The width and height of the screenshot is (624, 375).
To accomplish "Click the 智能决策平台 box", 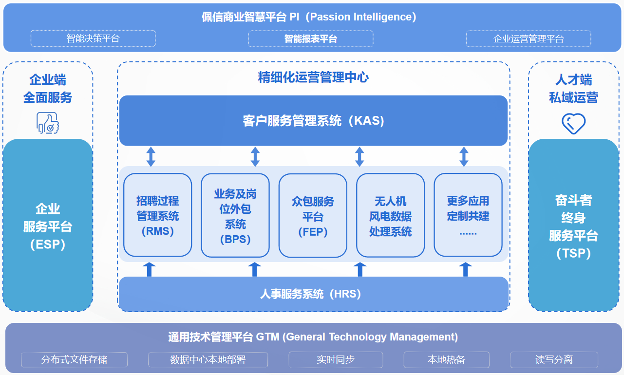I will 93,38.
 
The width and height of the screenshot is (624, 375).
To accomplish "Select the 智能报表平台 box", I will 311,38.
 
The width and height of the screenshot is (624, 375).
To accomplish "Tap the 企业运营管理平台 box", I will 529,38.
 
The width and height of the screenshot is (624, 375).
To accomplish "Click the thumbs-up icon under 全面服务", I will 48,123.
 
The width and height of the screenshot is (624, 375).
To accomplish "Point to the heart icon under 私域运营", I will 573,124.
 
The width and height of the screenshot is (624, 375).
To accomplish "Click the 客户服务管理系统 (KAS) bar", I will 313,120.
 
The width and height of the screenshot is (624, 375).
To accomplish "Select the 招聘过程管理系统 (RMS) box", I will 157,215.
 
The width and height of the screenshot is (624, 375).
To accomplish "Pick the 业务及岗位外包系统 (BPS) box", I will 235,215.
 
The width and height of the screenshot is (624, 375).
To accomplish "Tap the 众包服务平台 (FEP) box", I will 313,215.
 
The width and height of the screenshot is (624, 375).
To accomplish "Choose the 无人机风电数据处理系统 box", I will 390,215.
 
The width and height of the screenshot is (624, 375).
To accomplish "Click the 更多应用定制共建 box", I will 468,215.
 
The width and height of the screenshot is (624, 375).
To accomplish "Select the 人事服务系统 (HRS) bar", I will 313,294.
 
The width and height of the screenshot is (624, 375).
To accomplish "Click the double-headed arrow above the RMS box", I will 151,156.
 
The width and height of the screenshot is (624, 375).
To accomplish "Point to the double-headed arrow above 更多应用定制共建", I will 464,156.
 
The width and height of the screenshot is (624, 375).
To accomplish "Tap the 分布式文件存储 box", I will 74,360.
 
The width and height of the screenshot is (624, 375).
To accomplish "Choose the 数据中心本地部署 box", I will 208,360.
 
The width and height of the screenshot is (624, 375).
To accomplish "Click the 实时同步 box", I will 336,360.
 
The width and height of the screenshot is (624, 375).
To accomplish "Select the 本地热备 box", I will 447,360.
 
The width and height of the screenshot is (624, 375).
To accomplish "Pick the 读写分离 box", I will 554,360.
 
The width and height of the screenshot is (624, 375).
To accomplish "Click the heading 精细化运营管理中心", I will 313,77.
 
